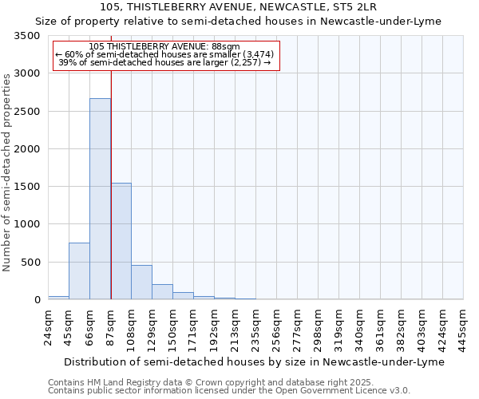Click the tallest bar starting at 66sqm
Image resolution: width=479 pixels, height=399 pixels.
point(100,199)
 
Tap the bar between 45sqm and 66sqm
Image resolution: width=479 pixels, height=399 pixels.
point(79,271)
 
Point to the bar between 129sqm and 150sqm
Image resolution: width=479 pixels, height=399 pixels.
point(162,291)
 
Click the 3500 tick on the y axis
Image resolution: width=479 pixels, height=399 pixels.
point(27,37)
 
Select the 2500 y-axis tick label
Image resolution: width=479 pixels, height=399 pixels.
point(27,112)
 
